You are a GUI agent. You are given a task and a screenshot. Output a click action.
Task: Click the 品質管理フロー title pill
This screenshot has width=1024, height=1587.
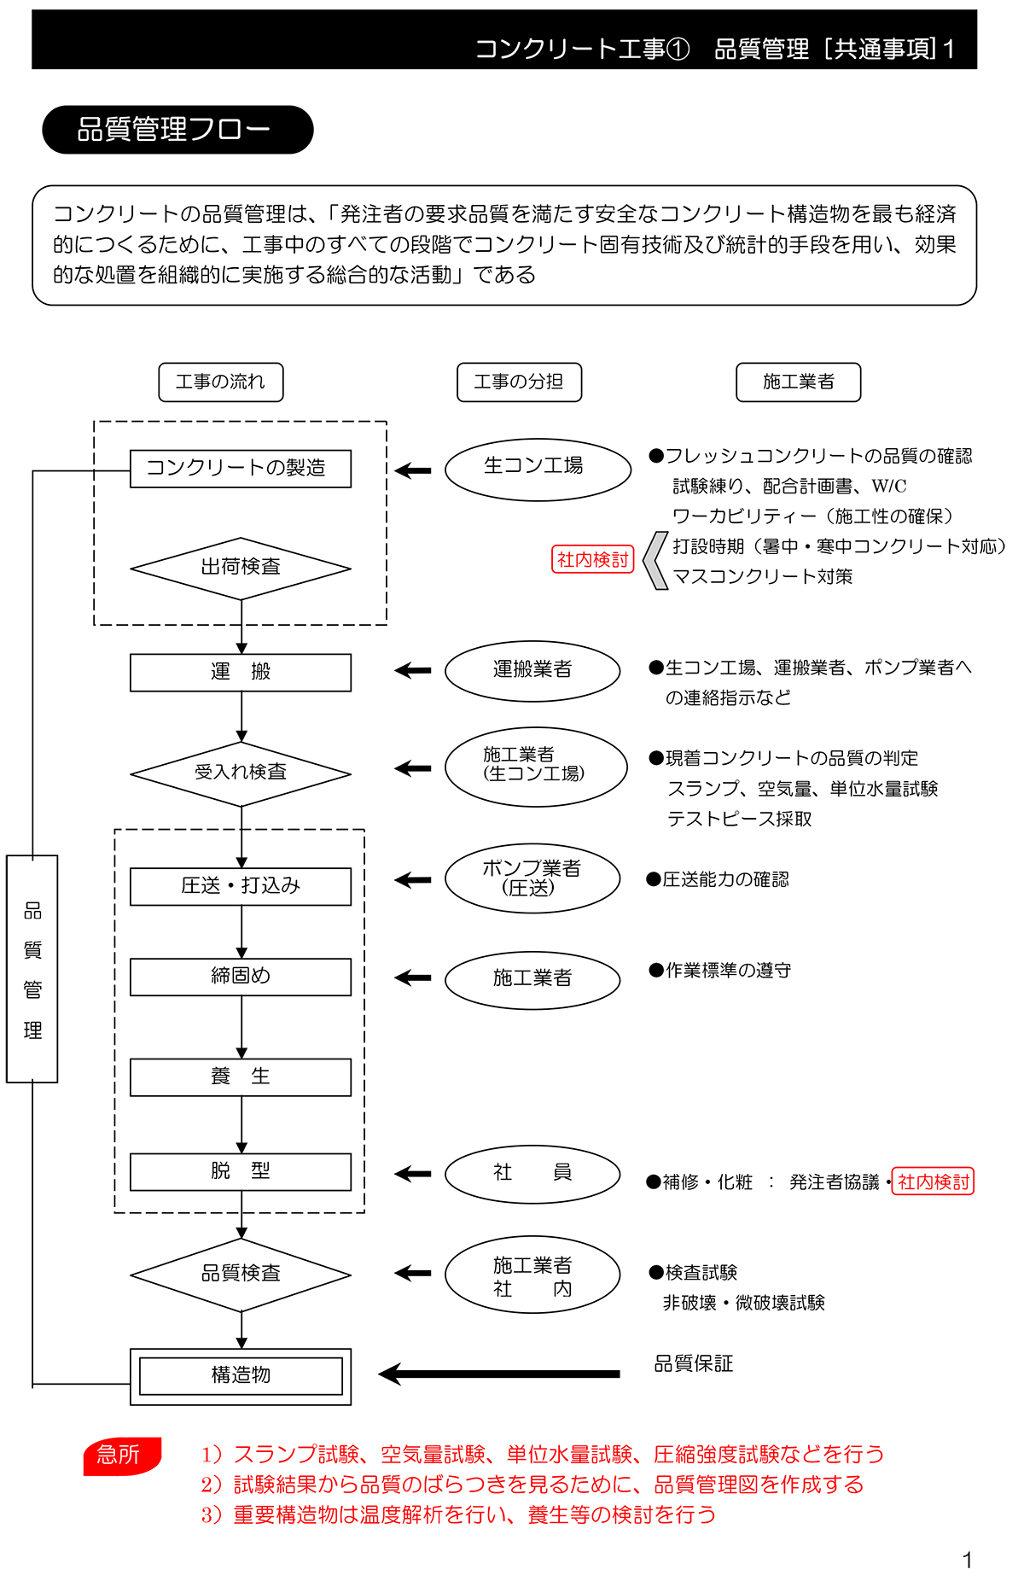[177, 130]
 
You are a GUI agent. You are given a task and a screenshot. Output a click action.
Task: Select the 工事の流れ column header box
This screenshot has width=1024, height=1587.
[220, 382]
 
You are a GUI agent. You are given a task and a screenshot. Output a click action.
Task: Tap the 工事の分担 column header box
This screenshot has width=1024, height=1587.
[519, 382]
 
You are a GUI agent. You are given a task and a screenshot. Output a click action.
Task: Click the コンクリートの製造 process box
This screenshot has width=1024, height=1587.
[240, 469]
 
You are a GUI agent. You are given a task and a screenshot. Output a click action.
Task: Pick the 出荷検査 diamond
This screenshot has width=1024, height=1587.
[241, 569]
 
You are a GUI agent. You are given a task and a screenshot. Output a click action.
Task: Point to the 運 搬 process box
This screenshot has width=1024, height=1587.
[240, 673]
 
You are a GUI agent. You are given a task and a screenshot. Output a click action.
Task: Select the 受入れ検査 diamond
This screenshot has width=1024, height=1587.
[241, 773]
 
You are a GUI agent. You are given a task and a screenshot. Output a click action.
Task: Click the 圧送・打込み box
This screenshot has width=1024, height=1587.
[240, 886]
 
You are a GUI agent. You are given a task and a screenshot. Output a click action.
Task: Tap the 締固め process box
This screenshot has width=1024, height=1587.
[240, 977]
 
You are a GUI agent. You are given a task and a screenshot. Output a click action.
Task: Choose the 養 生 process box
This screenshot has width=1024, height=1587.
[240, 1077]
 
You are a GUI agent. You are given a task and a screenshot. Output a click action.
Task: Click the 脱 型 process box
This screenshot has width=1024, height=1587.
[240, 1172]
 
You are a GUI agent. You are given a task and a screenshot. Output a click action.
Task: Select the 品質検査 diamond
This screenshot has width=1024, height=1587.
[241, 1275]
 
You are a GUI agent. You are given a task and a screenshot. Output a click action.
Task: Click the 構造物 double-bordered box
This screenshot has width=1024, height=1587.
[241, 1376]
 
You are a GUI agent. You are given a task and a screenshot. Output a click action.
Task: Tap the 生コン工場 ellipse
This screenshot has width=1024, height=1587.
[538, 469]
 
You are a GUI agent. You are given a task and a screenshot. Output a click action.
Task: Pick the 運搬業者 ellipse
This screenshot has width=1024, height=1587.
[532, 671]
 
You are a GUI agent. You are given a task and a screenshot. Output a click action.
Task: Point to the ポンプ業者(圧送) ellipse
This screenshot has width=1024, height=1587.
[532, 878]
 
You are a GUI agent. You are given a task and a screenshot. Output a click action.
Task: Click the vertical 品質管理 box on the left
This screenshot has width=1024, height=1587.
[32, 969]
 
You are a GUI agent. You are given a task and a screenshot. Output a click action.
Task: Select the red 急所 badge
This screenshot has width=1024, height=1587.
[121, 1456]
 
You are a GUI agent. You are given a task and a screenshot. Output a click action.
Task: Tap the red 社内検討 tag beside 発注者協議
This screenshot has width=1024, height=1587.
[933, 1181]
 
